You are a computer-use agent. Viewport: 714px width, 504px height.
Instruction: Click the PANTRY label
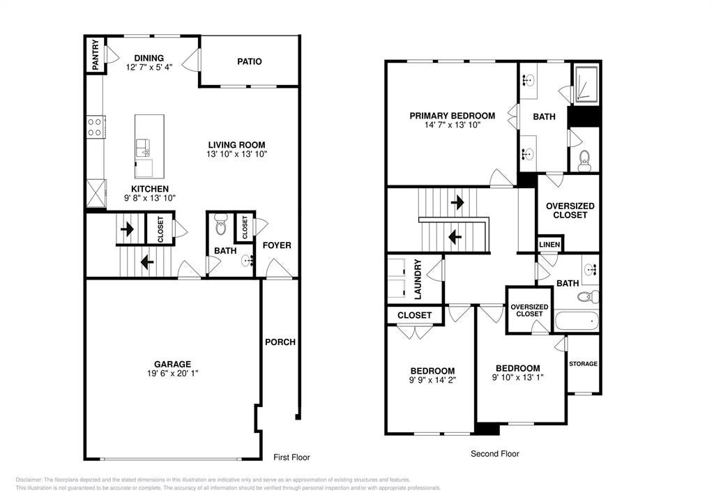coord(96,55)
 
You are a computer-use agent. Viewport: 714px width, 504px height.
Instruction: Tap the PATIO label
coord(250,61)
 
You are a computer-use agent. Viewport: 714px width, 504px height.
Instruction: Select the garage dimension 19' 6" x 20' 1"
coord(173,374)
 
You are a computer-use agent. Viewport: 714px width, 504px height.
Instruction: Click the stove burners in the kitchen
coord(95,127)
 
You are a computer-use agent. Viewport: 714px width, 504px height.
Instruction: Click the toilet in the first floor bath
coord(221,224)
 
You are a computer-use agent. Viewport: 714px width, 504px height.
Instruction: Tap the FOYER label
coord(277,245)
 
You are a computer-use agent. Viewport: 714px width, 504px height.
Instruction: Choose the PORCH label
coord(280,342)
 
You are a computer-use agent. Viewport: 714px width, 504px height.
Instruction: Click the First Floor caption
coord(291,457)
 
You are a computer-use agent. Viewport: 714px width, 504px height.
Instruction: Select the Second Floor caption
coord(495,454)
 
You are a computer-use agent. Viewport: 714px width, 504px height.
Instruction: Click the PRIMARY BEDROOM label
coord(452,116)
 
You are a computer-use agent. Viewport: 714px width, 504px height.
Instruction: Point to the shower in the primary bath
coord(586,84)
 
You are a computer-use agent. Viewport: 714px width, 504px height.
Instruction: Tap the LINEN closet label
coord(549,245)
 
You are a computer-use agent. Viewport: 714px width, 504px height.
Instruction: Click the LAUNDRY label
coord(418,279)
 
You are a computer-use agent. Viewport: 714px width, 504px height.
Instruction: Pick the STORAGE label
coord(584,364)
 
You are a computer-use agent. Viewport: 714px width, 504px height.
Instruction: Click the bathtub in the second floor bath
coord(577,321)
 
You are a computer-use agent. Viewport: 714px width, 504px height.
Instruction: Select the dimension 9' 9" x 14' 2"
coord(432,380)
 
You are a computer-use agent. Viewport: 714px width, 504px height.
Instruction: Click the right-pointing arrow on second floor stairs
coord(457,201)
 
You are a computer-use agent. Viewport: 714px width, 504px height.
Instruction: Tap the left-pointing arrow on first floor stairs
coord(147,262)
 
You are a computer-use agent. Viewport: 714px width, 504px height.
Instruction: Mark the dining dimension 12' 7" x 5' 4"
coord(149,68)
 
